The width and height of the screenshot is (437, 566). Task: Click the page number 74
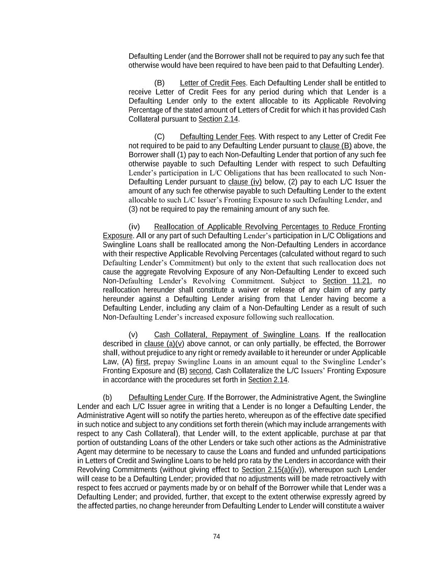tap(216, 537)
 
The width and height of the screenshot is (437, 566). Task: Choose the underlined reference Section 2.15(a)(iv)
tap(270, 470)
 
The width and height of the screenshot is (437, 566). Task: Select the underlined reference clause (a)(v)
tap(164, 344)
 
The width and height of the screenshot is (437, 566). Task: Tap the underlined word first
tap(142, 362)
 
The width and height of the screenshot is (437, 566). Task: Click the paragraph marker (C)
tap(159, 137)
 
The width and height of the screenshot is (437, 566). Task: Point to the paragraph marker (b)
tap(107, 398)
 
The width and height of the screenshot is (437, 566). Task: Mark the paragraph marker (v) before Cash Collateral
tap(133, 335)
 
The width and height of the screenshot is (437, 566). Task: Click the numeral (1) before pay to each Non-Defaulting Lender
tap(182, 155)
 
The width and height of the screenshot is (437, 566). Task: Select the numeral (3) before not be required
tap(133, 209)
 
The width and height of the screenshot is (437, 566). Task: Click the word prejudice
tap(154, 353)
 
